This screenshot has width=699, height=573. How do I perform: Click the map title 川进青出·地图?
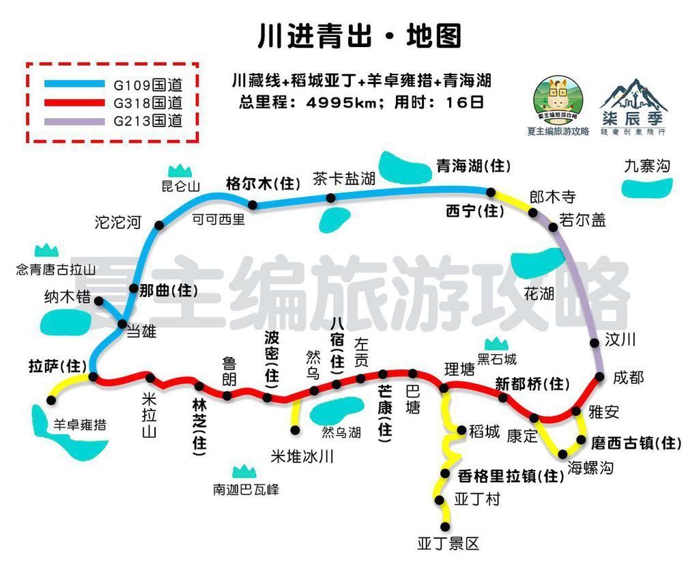click(360, 36)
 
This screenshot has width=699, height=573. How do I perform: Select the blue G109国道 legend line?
click(73, 85)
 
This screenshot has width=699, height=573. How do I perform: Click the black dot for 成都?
click(600, 377)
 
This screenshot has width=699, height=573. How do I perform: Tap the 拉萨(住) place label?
click(59, 365)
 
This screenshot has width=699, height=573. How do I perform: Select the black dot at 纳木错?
click(99, 301)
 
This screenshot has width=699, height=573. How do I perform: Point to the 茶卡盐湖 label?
click(345, 180)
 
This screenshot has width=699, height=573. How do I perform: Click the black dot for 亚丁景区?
click(446, 527)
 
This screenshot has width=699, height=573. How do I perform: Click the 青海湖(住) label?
click(473, 166)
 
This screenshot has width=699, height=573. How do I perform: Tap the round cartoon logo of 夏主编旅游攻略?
click(558, 100)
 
